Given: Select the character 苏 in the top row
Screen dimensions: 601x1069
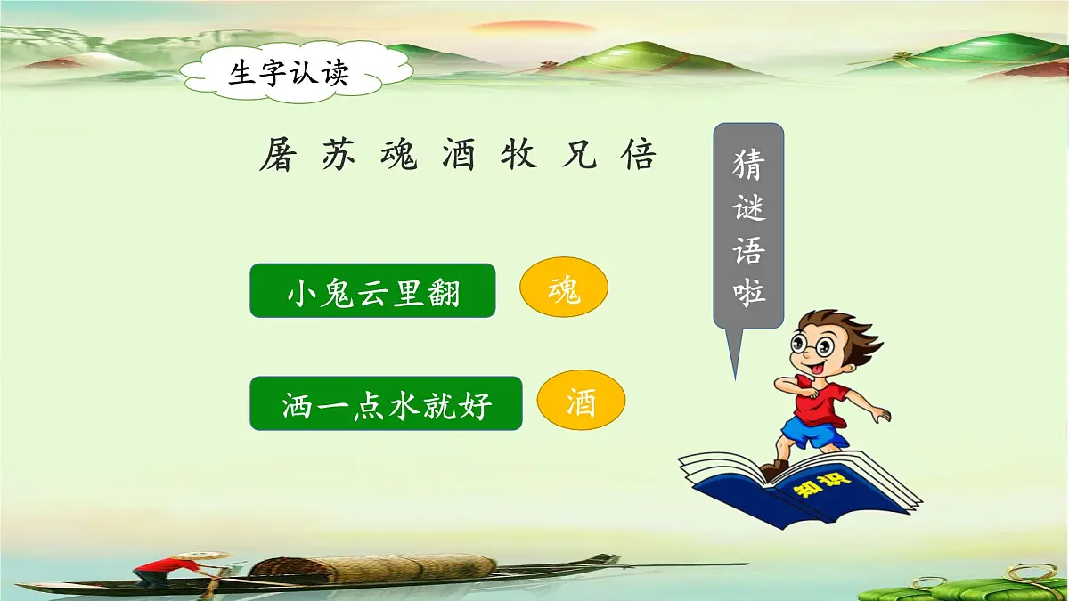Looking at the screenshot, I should tap(339, 157).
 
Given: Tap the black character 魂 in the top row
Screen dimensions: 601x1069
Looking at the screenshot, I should tap(399, 157).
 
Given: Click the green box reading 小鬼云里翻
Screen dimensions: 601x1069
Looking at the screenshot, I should tap(372, 290).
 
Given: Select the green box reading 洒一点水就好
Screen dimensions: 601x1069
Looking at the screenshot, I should tap(386, 403).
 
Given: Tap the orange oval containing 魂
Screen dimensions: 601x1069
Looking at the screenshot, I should tap(563, 289).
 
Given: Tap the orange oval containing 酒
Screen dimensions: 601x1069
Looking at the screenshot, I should tap(581, 403).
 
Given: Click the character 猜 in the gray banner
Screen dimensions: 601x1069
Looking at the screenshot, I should tap(748, 166).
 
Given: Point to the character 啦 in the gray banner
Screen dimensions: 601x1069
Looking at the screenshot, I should tap(748, 291).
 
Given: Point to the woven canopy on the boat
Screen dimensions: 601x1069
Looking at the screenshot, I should tap(374, 567).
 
